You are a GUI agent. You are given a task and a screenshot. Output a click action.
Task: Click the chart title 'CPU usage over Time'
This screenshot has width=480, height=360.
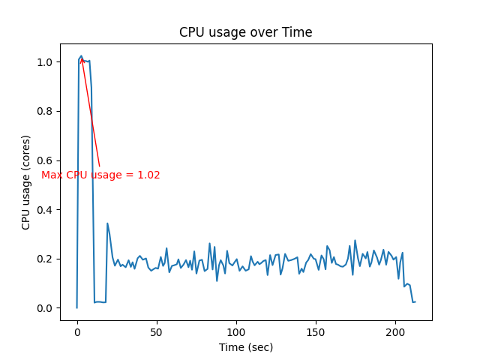click(x=245, y=32)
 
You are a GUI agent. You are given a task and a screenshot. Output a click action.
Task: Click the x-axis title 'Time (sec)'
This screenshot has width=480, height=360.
click(x=245, y=347)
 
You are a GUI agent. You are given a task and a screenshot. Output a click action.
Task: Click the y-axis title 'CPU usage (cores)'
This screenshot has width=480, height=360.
click(x=26, y=182)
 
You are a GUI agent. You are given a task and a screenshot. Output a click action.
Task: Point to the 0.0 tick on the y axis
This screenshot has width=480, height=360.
click(x=46, y=308)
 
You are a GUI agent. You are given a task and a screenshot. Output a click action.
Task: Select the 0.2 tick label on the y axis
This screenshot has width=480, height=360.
click(x=46, y=259)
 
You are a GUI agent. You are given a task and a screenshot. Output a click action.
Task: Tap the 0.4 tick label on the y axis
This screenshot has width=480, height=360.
click(x=46, y=209)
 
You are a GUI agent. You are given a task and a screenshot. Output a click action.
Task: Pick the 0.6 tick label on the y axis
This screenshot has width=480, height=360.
click(x=46, y=160)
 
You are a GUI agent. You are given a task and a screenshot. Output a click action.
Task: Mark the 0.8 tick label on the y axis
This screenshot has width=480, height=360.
click(x=46, y=111)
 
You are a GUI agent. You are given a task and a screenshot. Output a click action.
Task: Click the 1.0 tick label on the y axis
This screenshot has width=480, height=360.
click(x=46, y=62)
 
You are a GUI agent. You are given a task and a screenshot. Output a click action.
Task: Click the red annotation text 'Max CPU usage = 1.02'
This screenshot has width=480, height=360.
click(x=100, y=175)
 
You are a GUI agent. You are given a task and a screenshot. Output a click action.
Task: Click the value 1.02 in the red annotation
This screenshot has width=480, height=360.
click(x=148, y=175)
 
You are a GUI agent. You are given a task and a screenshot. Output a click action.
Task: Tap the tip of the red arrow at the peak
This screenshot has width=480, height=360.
click(x=81, y=58)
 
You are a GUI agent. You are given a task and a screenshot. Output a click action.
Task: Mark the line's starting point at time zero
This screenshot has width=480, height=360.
click(x=76, y=307)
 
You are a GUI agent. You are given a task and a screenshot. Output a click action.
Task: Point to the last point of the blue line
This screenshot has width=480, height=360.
click(x=415, y=301)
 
